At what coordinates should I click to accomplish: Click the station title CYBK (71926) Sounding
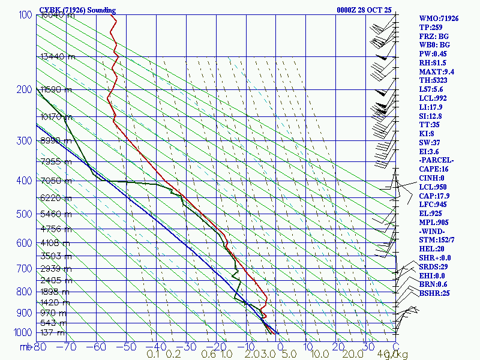[x=77, y=10]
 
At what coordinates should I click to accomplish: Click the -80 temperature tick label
[x=40, y=346]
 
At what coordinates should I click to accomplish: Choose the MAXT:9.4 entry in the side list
[x=436, y=72]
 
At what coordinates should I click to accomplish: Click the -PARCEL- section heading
[x=436, y=160]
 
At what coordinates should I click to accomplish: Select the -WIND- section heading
[x=433, y=231]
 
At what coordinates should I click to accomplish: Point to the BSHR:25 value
[x=434, y=293]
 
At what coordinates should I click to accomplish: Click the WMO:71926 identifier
[x=439, y=19]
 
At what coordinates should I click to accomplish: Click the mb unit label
[x=25, y=346]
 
